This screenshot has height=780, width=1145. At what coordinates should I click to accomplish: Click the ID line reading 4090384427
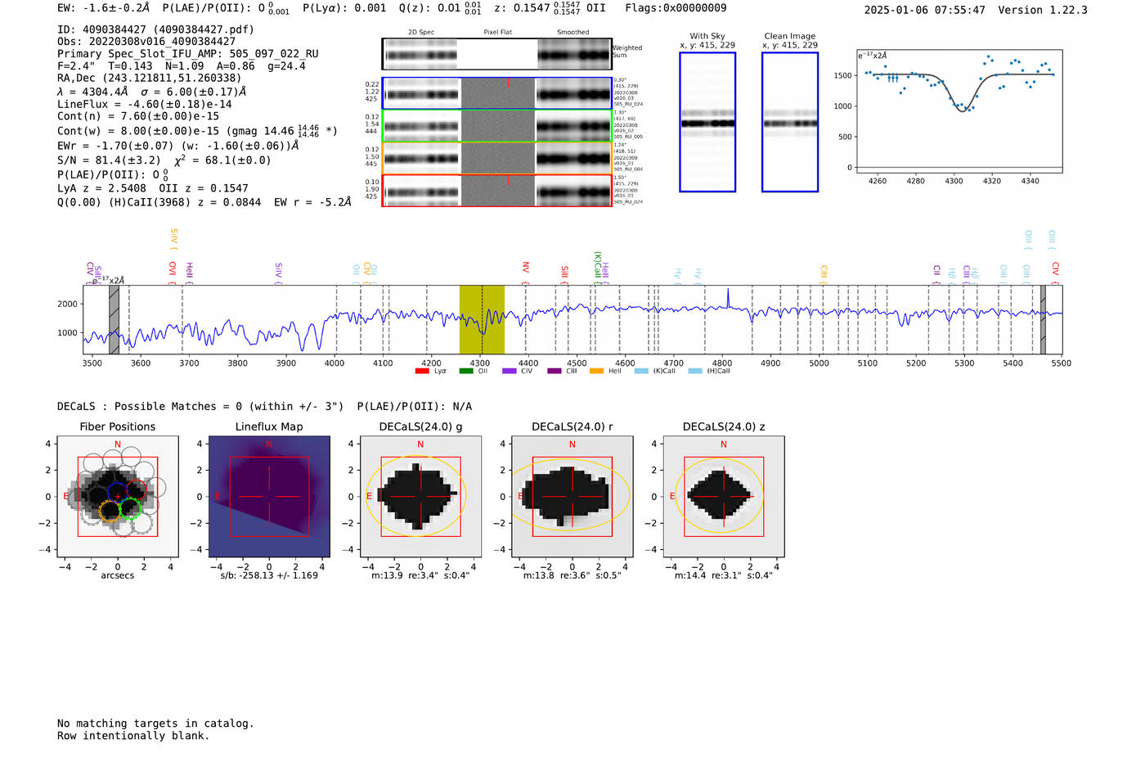click(155, 29)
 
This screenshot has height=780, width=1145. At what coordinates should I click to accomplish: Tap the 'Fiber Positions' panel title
click(117, 426)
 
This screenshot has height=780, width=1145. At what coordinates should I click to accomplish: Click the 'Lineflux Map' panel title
click(268, 426)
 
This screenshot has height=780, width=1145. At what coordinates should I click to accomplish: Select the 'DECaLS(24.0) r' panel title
click(572, 426)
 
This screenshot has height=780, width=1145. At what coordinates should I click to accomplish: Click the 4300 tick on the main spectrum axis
click(480, 363)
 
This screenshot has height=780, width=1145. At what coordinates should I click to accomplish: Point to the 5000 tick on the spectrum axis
click(819, 363)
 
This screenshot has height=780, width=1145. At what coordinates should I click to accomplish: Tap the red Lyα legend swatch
click(422, 372)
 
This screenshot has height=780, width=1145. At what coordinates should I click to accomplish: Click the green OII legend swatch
click(466, 372)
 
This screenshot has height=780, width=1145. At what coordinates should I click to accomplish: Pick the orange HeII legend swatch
click(597, 372)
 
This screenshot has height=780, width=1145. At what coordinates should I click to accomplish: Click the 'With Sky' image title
click(707, 36)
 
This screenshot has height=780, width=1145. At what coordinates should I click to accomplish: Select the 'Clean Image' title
click(789, 36)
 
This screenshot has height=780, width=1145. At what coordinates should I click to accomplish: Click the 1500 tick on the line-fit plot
click(842, 75)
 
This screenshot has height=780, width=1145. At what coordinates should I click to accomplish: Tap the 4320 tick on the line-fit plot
click(992, 181)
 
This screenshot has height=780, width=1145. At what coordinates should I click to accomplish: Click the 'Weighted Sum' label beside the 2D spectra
click(626, 52)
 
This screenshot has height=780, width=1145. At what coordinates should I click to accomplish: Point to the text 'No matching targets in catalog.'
click(155, 724)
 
